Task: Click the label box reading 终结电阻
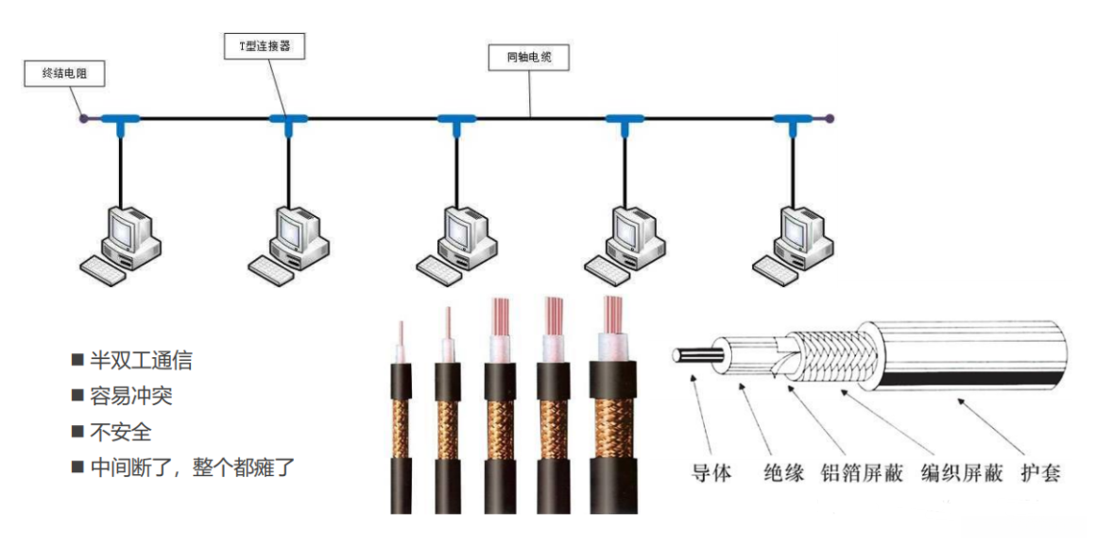[64, 75]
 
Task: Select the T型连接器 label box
[265, 46]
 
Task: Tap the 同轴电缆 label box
[528, 58]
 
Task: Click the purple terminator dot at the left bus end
[84, 119]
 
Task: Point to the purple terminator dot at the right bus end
[830, 119]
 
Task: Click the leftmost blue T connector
[121, 121]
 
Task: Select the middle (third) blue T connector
[457, 121]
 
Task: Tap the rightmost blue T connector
[793, 121]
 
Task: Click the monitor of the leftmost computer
[128, 227]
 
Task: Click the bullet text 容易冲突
[131, 396]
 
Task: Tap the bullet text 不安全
[120, 432]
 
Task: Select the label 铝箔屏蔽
[859, 473]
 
